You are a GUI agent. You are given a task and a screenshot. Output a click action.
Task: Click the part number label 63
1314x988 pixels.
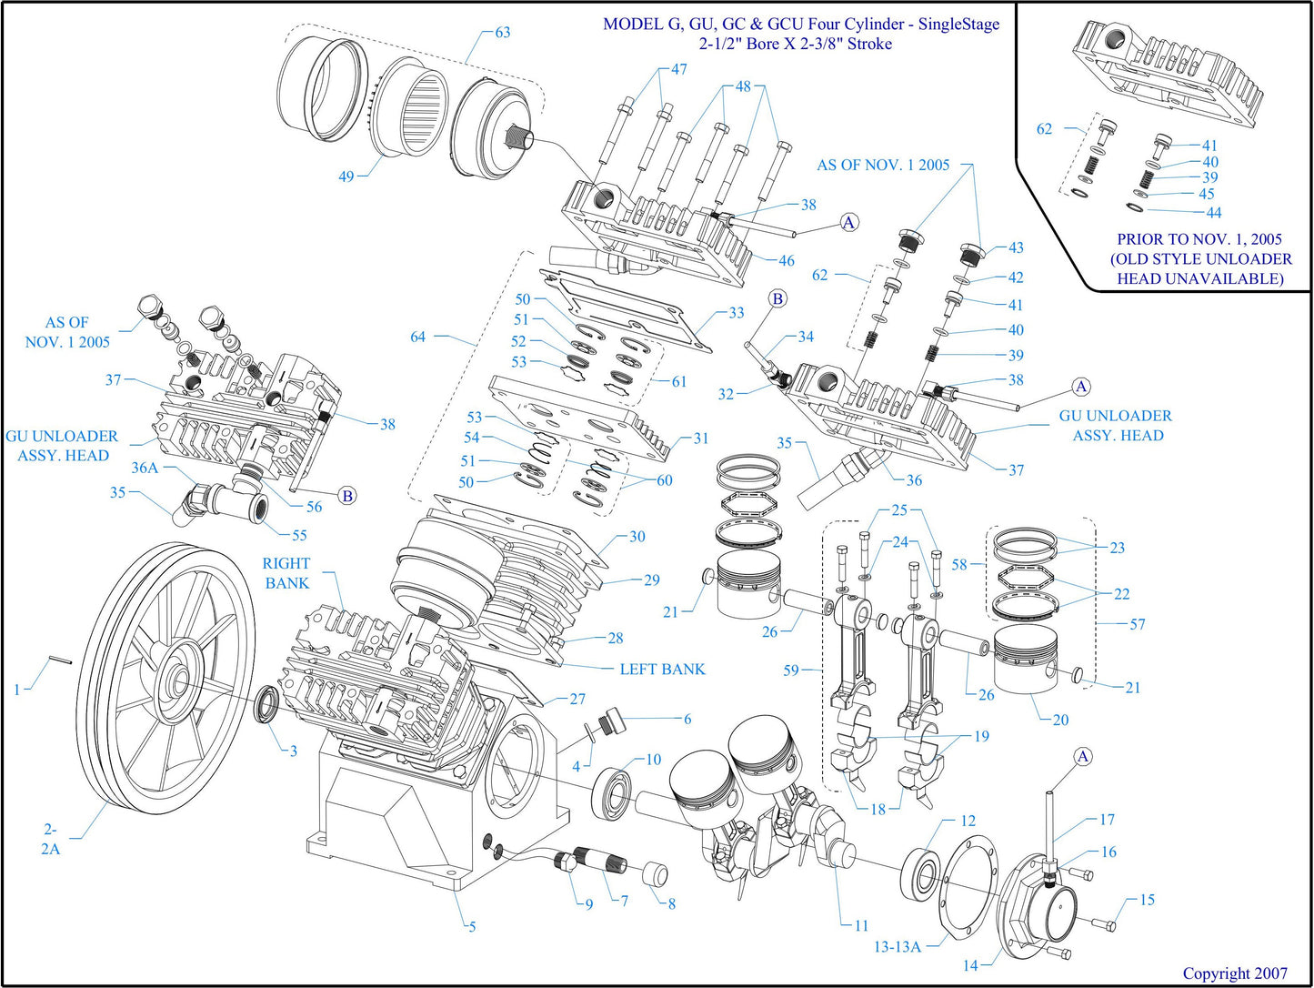[x=502, y=32]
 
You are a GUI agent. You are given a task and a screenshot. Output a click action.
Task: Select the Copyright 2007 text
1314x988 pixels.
[x=1235, y=973]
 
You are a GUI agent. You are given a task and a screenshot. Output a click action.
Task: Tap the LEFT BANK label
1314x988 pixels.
[x=662, y=669]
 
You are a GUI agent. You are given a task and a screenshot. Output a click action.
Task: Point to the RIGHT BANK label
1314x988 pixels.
[x=286, y=573]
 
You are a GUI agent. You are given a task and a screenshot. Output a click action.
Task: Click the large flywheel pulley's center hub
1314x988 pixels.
[x=175, y=681]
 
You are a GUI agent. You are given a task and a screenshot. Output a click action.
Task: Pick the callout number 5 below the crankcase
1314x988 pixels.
[x=472, y=927]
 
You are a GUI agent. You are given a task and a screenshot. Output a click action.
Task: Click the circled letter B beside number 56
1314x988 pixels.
[x=346, y=496]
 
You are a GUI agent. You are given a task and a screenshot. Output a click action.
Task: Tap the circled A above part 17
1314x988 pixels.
[x=1082, y=757]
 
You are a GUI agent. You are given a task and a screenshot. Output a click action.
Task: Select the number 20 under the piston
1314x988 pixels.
[x=1060, y=720]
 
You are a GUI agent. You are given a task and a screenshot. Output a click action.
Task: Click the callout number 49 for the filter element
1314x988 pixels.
[x=346, y=176]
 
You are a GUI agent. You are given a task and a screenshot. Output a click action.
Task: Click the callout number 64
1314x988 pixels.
[x=417, y=337]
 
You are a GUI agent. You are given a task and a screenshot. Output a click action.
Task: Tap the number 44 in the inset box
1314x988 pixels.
[x=1214, y=212]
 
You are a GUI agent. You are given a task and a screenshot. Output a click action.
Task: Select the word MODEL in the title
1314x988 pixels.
[x=633, y=25]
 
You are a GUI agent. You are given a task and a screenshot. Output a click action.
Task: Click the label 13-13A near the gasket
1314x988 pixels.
[x=898, y=946]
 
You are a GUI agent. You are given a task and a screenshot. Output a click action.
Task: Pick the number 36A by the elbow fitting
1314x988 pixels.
[x=145, y=468]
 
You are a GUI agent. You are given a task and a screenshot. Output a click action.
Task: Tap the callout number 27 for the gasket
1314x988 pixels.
[x=577, y=699]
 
